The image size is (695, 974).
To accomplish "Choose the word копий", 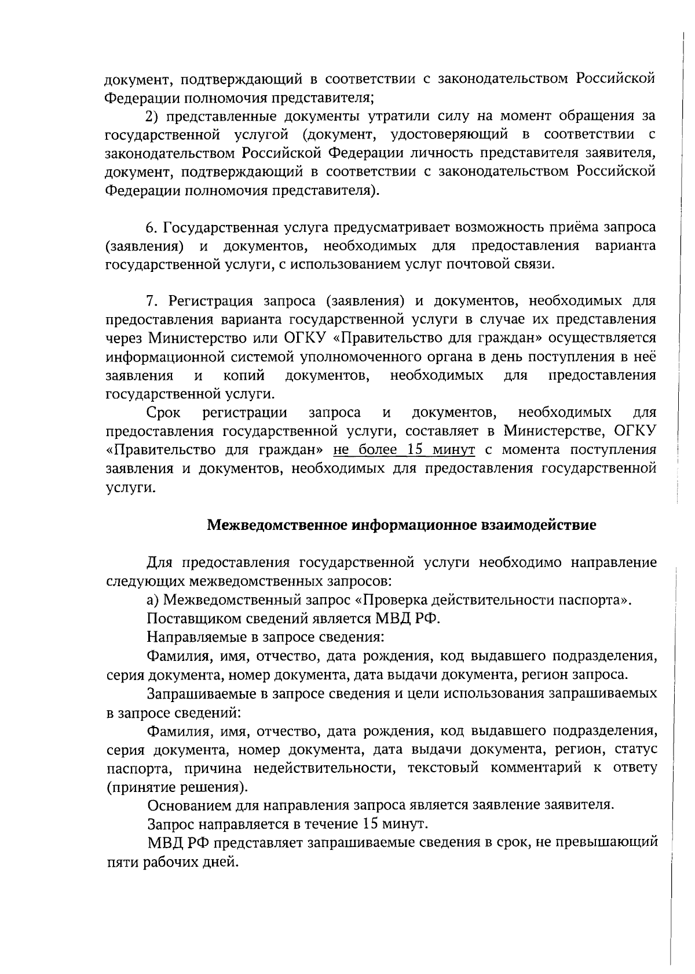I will [x=244, y=376].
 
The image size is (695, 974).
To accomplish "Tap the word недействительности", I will [x=324, y=768].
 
